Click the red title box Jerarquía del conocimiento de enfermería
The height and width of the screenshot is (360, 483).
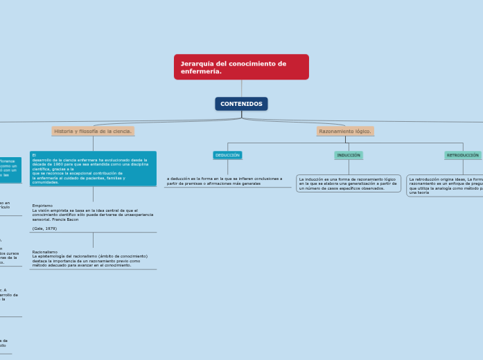tap(241, 67)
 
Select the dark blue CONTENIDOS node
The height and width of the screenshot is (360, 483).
tap(241, 104)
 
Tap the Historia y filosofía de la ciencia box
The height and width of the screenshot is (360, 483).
tap(93, 131)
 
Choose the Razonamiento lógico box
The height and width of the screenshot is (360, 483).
tap(345, 131)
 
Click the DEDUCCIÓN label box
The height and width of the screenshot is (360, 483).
tap(227, 155)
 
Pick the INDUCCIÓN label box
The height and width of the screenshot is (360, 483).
tap(349, 155)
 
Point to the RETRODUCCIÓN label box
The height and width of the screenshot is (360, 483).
tap(462, 155)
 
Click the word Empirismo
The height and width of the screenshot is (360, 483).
tap(42, 206)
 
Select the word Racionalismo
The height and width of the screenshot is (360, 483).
tap(44, 252)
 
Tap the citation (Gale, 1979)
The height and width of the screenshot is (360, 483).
tap(44, 228)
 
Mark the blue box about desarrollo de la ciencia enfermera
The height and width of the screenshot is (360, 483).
tap(93, 168)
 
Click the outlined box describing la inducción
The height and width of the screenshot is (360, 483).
tap(349, 183)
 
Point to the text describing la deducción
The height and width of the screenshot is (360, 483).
tap(224, 181)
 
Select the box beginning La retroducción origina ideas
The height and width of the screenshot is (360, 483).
tap(446, 186)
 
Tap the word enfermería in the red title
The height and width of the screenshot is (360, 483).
tap(201, 71)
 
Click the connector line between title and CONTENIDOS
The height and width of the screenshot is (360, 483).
tap(241, 88)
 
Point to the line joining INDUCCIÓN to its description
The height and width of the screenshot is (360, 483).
tap(349, 167)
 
